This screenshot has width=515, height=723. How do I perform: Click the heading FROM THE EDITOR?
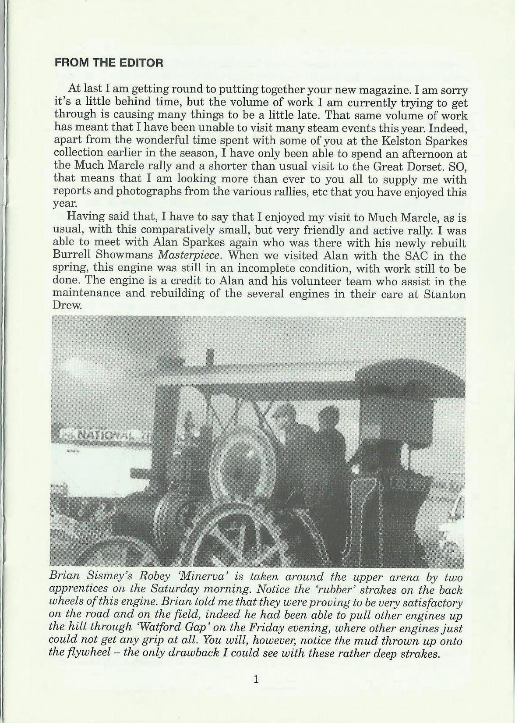click(x=109, y=63)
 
